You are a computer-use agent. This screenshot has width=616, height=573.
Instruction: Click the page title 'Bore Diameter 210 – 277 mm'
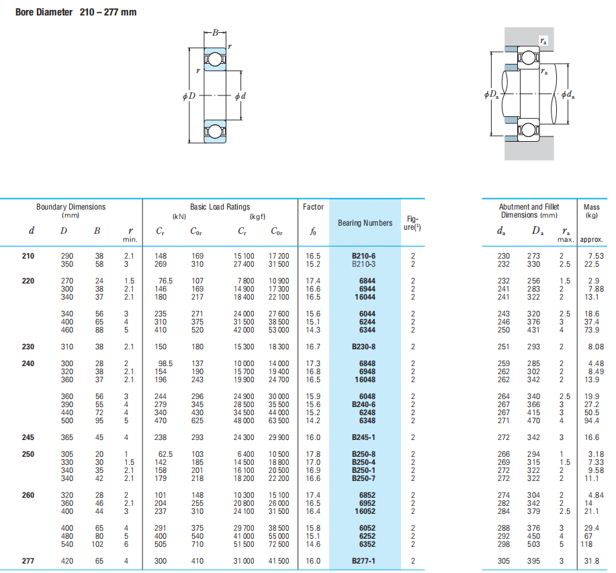coord(76,12)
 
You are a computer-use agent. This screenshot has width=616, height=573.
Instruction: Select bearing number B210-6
coord(363,256)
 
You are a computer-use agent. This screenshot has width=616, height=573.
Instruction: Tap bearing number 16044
coord(365,297)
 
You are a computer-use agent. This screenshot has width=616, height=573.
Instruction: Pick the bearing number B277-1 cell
coord(363,561)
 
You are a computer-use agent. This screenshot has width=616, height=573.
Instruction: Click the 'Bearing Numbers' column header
coord(365,222)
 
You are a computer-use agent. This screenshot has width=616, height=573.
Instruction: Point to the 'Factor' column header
coord(313,207)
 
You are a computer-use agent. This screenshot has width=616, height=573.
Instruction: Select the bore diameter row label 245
coord(28,437)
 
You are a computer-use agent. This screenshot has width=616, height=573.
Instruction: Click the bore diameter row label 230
coord(28,347)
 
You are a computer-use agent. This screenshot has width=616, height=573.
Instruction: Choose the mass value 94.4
coord(592,421)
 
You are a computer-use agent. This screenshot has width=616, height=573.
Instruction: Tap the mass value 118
coord(586,544)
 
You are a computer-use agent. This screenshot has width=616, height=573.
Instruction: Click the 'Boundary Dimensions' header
coord(71,207)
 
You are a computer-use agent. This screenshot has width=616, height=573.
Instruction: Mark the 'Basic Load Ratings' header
coord(220,207)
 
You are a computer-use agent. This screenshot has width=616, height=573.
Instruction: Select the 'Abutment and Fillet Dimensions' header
coord(529,210)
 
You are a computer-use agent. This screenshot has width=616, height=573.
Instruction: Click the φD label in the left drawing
coord(189,96)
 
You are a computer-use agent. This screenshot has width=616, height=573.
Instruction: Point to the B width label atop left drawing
coord(215,33)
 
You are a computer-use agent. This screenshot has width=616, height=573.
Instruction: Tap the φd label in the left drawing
coord(240,96)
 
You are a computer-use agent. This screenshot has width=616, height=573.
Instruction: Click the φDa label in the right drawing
coord(492,94)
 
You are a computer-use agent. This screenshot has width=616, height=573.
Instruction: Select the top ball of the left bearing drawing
coord(214,59)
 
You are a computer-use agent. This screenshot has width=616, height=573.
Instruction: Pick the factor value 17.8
coord(313,454)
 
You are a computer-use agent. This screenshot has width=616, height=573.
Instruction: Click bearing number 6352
coord(367,544)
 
